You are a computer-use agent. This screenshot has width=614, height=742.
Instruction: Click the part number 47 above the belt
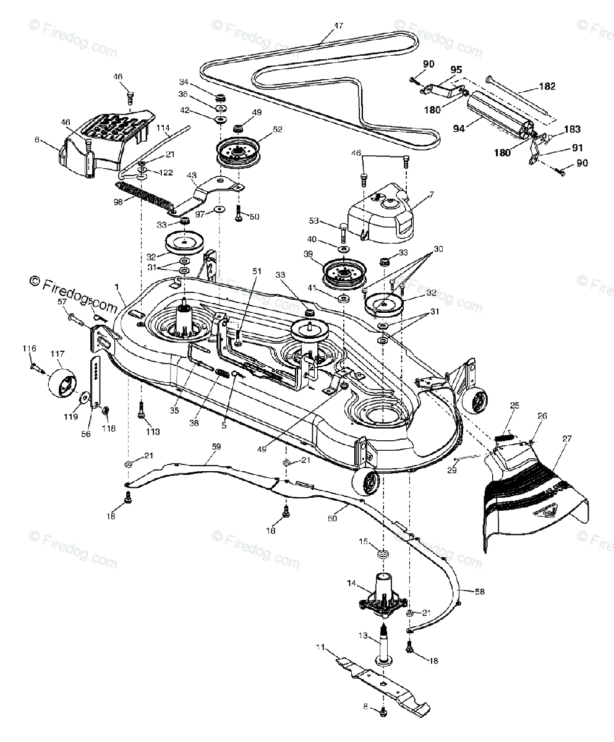pyautogui.click(x=338, y=26)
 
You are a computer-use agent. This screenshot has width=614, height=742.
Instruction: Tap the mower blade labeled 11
pyautogui.click(x=383, y=680)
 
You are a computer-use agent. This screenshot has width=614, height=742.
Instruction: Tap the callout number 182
pyautogui.click(x=547, y=87)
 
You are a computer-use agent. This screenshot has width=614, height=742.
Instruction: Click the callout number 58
pyautogui.click(x=479, y=591)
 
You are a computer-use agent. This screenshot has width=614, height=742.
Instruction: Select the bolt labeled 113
pyautogui.click(x=141, y=409)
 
